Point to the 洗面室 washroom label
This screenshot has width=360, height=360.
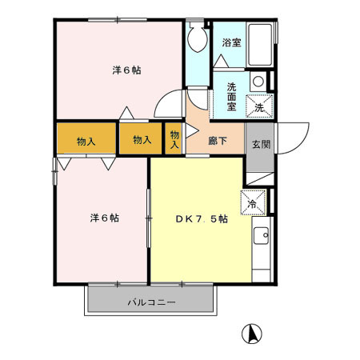point(231,96)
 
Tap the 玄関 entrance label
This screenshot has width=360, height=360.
point(260,144)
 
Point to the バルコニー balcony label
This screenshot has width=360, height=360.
point(150,303)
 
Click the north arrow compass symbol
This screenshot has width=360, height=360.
point(250,333)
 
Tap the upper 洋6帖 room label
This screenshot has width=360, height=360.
point(126,70)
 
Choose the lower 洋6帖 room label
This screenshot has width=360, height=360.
point(104,218)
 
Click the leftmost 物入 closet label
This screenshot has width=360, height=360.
point(86,141)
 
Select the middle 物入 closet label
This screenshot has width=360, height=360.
point(142,140)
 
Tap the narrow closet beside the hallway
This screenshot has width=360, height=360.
point(174,139)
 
